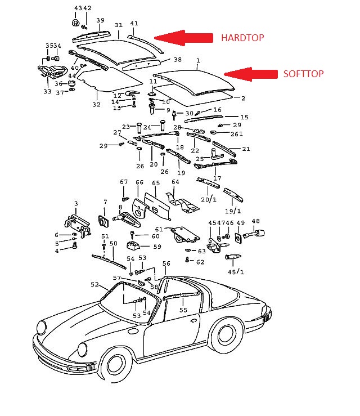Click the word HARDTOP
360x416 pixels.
coord(242,38)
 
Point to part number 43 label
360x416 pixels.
coord(77,8)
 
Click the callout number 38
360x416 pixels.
coord(178,60)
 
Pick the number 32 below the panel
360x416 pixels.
coord(97,105)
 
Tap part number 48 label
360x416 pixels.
coord(255,221)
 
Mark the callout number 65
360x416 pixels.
coord(156,183)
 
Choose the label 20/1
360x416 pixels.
coord(208,199)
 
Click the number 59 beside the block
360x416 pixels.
coord(157,247)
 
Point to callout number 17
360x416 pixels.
coord(217,178)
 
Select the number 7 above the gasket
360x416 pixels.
coord(105,202)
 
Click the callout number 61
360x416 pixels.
coord(159,229)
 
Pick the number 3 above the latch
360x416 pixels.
coord(76,203)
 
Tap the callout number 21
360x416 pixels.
coord(246,149)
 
